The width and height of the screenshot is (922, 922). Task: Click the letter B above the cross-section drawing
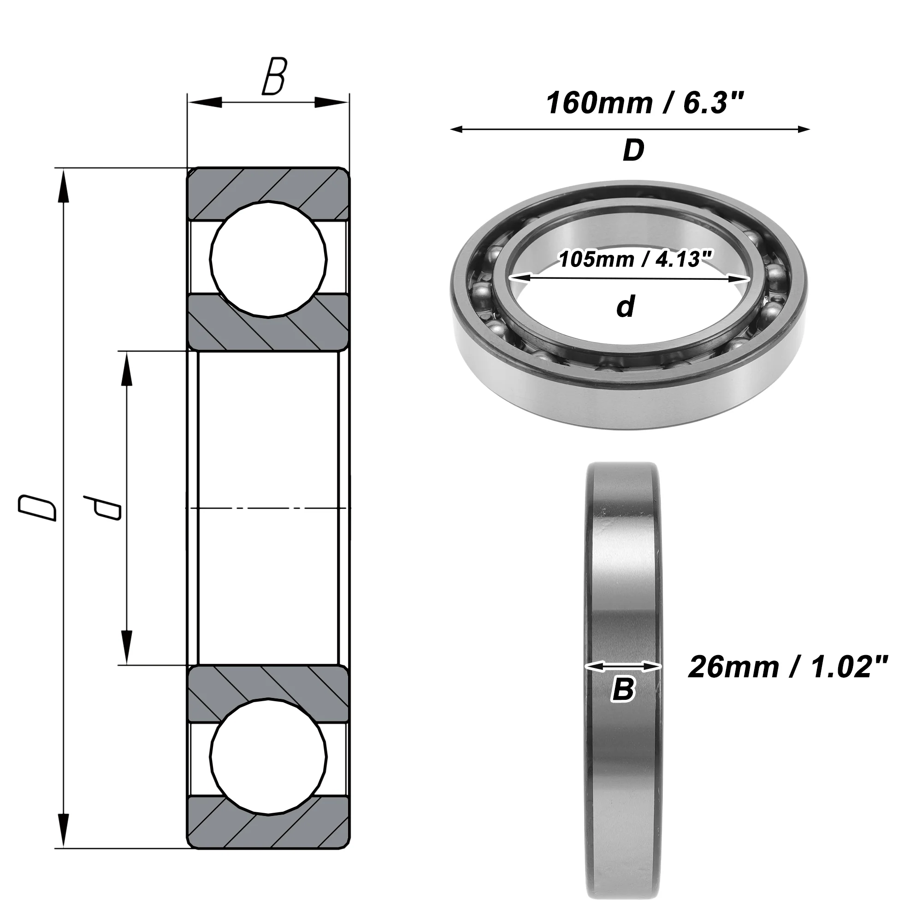point(274,77)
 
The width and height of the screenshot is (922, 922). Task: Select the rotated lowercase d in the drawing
point(101,508)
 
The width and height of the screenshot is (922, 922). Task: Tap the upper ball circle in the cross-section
point(269,260)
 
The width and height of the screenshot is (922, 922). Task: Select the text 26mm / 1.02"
point(788,667)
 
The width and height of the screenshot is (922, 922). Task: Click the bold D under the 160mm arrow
point(633,150)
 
